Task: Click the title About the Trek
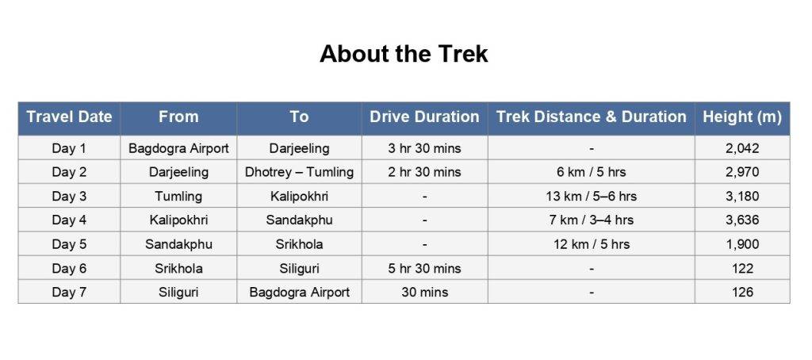[x=404, y=54]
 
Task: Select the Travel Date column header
[x=70, y=117]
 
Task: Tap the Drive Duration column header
[x=424, y=117]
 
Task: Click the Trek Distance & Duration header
[x=592, y=117]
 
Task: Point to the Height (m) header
[x=742, y=117]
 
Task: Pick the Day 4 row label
[x=70, y=220]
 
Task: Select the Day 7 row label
[x=70, y=292]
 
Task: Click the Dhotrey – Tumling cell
[x=299, y=172]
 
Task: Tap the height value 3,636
[x=742, y=220]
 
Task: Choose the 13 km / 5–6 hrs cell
[x=592, y=197]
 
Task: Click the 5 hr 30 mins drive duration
[x=424, y=268]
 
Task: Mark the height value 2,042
[x=742, y=148]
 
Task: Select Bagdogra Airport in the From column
[x=178, y=148]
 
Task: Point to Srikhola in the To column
[x=299, y=244]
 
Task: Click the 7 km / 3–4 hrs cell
[x=592, y=220]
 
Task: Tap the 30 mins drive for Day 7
[x=424, y=292]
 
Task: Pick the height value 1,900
[x=742, y=244]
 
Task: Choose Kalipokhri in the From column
[x=178, y=220]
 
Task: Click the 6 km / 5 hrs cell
[x=592, y=172]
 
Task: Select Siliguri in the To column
[x=299, y=268]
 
